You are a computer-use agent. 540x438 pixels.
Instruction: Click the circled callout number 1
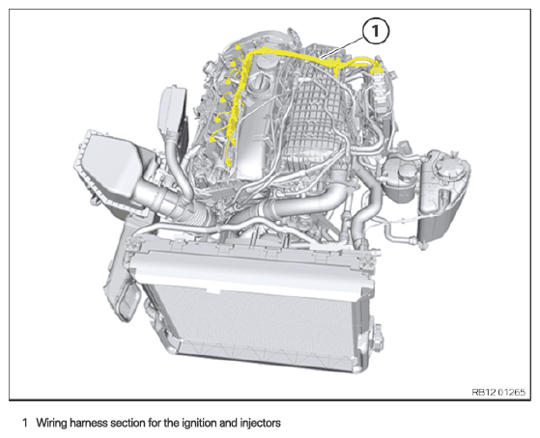pos(376,31)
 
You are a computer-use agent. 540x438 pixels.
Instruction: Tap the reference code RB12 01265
pos(498,393)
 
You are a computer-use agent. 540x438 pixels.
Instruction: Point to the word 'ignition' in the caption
pos(198,423)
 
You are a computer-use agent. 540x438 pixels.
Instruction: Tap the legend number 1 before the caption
pos(25,423)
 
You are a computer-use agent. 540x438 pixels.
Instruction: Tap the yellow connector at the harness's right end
pos(377,66)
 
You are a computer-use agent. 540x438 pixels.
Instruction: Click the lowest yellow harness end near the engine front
pos(227,162)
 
